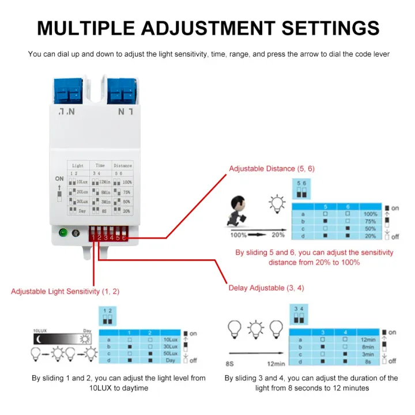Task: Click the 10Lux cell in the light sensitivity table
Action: click(x=171, y=340)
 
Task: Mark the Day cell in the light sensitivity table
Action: click(x=171, y=361)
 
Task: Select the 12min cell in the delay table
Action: click(x=368, y=340)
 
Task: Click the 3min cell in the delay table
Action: click(x=368, y=354)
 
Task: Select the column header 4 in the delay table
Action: click(x=345, y=333)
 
